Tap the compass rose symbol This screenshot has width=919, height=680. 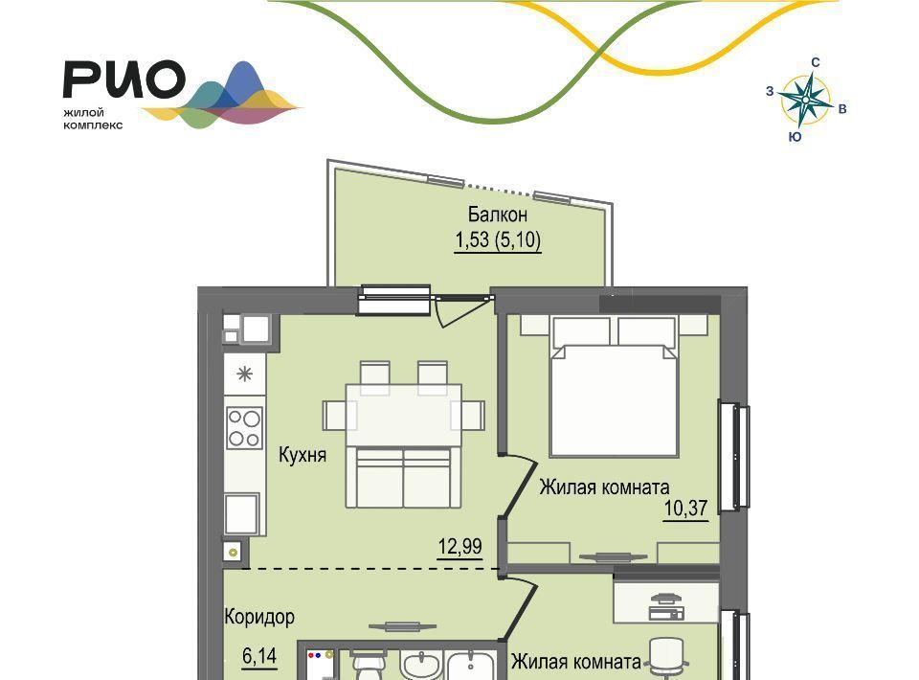(x=806, y=101)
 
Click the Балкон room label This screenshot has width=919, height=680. (x=498, y=215)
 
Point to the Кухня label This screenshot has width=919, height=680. (x=302, y=455)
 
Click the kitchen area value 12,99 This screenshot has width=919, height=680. (x=460, y=546)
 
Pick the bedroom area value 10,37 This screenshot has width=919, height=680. (x=685, y=508)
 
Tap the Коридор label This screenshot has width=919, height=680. (x=259, y=617)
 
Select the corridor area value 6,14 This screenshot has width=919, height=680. (x=259, y=655)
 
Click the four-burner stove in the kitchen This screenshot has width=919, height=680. (x=244, y=428)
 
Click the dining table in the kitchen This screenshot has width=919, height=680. (x=404, y=415)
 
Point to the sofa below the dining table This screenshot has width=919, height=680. (x=403, y=477)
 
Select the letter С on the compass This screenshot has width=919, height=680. (x=815, y=62)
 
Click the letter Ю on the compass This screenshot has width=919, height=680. (x=795, y=137)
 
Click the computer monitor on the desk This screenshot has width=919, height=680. (x=666, y=599)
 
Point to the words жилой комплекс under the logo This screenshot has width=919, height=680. (x=93, y=119)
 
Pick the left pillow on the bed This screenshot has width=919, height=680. (x=581, y=331)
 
